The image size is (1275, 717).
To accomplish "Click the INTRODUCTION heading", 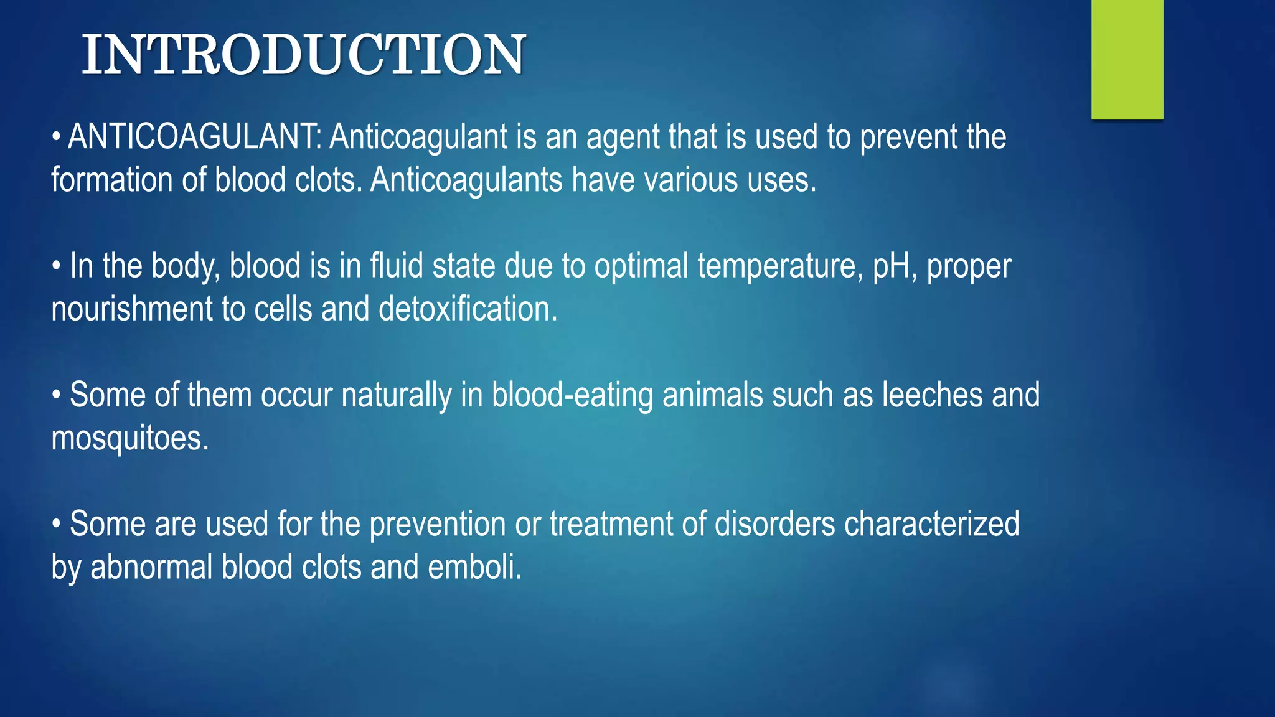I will (304, 55).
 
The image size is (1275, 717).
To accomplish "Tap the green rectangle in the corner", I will (1127, 59).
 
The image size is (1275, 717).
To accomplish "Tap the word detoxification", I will (468, 309).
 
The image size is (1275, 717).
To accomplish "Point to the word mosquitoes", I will (129, 439).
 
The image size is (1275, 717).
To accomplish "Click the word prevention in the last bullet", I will (437, 524).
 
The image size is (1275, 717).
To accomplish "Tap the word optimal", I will (641, 266).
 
